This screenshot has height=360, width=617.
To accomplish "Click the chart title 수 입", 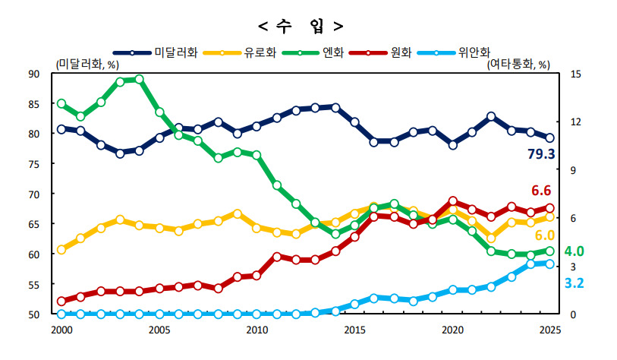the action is click(x=301, y=27).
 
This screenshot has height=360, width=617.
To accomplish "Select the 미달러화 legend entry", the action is click(x=155, y=52).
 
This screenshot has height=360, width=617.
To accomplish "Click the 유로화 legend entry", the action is click(x=240, y=52).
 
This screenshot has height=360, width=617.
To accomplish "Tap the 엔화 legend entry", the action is click(x=313, y=52).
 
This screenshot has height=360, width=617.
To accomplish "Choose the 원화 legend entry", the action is click(x=381, y=52).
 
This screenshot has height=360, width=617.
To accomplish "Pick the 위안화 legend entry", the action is click(x=454, y=52).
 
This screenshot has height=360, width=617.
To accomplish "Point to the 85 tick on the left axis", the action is click(x=34, y=104).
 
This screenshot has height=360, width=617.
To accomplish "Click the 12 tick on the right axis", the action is click(x=576, y=122).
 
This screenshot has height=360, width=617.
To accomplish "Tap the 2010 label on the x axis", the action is click(x=257, y=330).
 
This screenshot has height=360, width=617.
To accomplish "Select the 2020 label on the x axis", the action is click(x=452, y=330).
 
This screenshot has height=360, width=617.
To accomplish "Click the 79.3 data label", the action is click(x=541, y=154).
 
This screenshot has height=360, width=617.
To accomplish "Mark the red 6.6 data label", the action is click(x=541, y=191).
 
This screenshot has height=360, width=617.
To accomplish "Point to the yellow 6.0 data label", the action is click(x=545, y=235).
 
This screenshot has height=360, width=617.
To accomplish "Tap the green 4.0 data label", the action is click(x=574, y=251).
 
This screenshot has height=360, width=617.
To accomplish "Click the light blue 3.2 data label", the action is click(x=574, y=283).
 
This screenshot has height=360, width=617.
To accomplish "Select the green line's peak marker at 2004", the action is click(x=140, y=79).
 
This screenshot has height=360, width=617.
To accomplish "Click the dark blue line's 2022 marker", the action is click(x=491, y=116).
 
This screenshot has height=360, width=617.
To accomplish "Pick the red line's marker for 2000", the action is click(x=61, y=302).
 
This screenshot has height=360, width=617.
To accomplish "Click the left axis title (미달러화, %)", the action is click(x=87, y=65).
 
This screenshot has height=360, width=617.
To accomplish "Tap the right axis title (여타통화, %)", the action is click(x=518, y=65).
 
